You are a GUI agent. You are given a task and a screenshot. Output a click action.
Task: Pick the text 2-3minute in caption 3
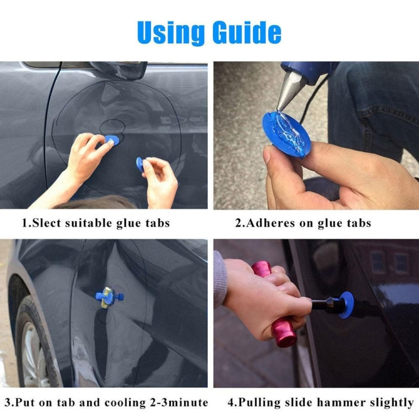coord(180,402)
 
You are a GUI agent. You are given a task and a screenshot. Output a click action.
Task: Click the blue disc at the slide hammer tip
coord(346,305)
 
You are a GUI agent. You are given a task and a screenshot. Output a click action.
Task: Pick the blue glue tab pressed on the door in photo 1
coord(111,141)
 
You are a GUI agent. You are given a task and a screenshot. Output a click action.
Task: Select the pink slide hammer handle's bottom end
coord(285,337)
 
